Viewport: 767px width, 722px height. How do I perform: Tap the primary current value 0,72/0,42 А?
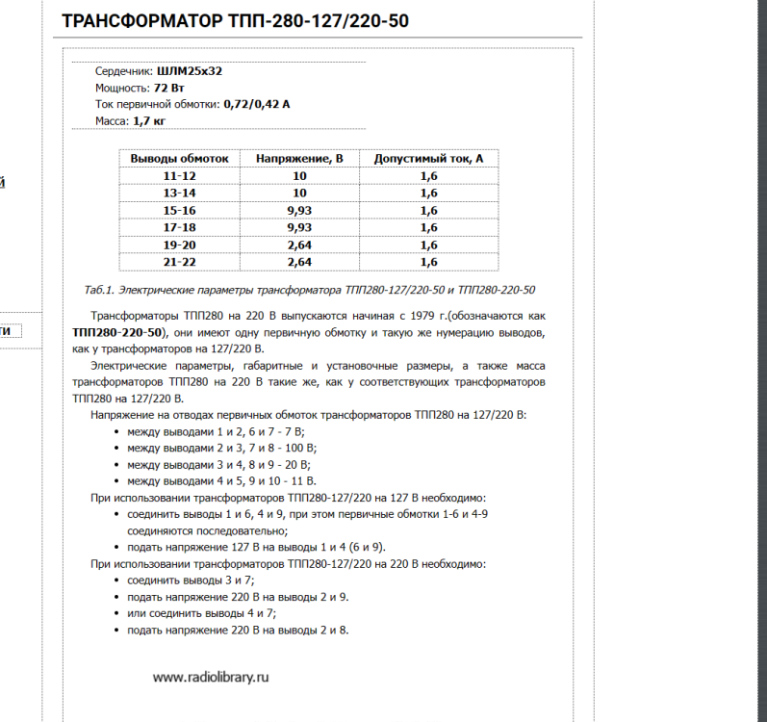(x=256, y=104)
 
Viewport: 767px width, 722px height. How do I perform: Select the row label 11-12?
(x=179, y=176)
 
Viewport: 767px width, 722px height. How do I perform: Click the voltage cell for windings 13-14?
(x=299, y=193)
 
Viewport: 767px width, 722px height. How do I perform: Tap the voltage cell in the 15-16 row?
(x=299, y=211)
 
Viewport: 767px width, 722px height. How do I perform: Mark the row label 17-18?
(x=179, y=228)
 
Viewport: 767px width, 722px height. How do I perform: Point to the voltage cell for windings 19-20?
(x=299, y=245)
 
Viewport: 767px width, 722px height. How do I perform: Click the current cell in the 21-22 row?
(x=428, y=262)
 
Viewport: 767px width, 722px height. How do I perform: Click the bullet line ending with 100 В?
(x=221, y=448)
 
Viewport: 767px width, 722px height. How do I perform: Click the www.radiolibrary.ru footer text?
(x=211, y=677)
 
